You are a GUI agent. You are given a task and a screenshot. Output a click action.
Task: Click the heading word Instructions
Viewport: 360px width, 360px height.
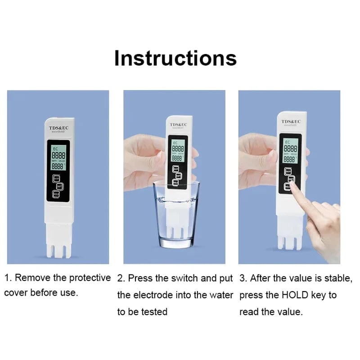(x=175, y=58)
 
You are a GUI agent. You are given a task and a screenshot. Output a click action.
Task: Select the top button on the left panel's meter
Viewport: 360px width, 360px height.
(x=57, y=178)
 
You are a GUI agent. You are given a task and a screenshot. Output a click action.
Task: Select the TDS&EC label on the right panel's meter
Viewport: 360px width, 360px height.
(x=291, y=121)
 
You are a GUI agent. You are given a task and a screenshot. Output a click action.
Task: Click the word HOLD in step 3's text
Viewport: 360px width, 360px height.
(x=295, y=295)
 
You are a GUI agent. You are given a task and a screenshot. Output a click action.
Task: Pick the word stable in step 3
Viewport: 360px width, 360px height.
(x=338, y=278)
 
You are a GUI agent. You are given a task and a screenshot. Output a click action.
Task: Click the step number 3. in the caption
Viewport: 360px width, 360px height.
(x=243, y=278)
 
